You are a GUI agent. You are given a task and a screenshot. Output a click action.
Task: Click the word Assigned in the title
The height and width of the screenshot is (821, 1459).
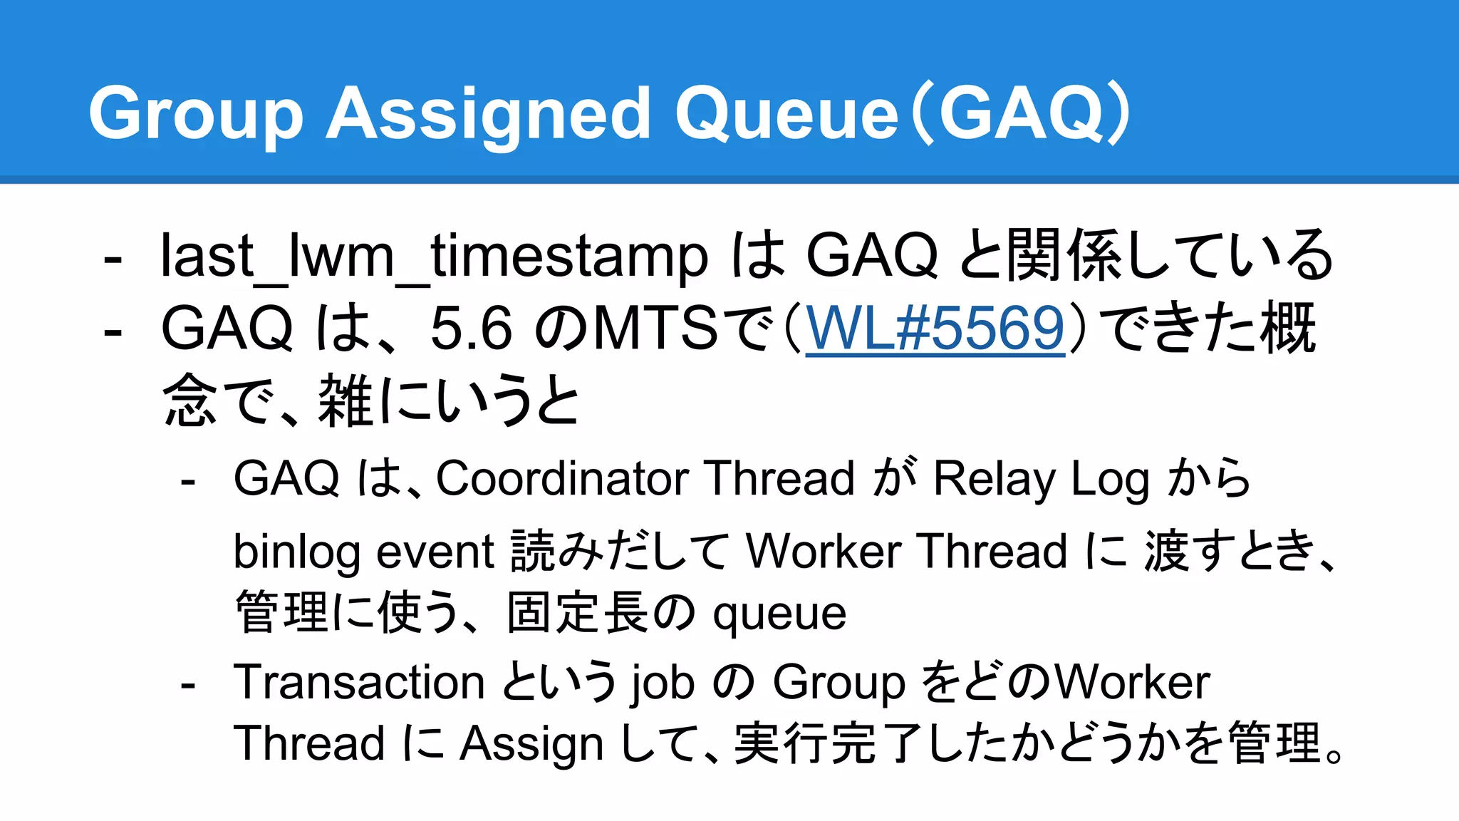click(488, 114)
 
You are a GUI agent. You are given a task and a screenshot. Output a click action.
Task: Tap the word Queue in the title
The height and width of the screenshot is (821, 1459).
click(786, 114)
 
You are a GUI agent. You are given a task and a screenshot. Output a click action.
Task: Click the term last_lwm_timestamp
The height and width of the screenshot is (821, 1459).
click(434, 256)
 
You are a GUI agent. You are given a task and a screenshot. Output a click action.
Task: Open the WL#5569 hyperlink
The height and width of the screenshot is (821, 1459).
click(935, 329)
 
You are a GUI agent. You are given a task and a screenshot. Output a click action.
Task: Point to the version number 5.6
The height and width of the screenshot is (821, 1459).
click(471, 329)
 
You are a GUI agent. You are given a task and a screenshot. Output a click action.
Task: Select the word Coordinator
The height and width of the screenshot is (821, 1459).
click(562, 478)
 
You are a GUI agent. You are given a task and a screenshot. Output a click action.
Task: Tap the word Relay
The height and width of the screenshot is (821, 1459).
click(995, 478)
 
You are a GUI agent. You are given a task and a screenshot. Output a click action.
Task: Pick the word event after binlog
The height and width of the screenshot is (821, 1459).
click(435, 552)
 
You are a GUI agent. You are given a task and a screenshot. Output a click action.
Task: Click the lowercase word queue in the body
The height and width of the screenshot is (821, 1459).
click(779, 614)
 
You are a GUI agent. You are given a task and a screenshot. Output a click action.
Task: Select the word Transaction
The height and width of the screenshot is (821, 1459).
click(359, 682)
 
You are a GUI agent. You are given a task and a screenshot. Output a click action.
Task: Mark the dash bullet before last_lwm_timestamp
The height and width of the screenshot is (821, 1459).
click(112, 257)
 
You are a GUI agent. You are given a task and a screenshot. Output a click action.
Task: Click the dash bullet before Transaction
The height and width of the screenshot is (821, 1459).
click(188, 685)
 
